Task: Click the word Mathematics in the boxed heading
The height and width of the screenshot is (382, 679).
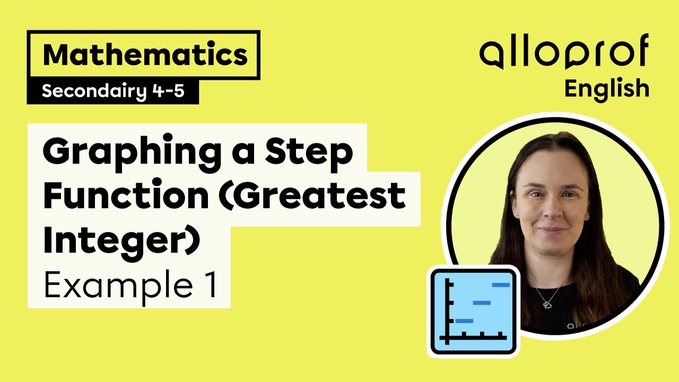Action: click(144, 55)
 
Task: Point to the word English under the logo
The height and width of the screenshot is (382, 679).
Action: click(606, 88)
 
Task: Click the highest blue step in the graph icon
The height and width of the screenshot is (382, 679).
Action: click(501, 285)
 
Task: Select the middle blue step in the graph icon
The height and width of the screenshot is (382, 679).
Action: click(482, 303)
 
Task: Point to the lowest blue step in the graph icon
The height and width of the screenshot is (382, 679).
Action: click(464, 320)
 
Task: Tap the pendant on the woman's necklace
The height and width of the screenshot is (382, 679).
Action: click(546, 305)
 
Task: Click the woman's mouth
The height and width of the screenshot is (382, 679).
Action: click(552, 231)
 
